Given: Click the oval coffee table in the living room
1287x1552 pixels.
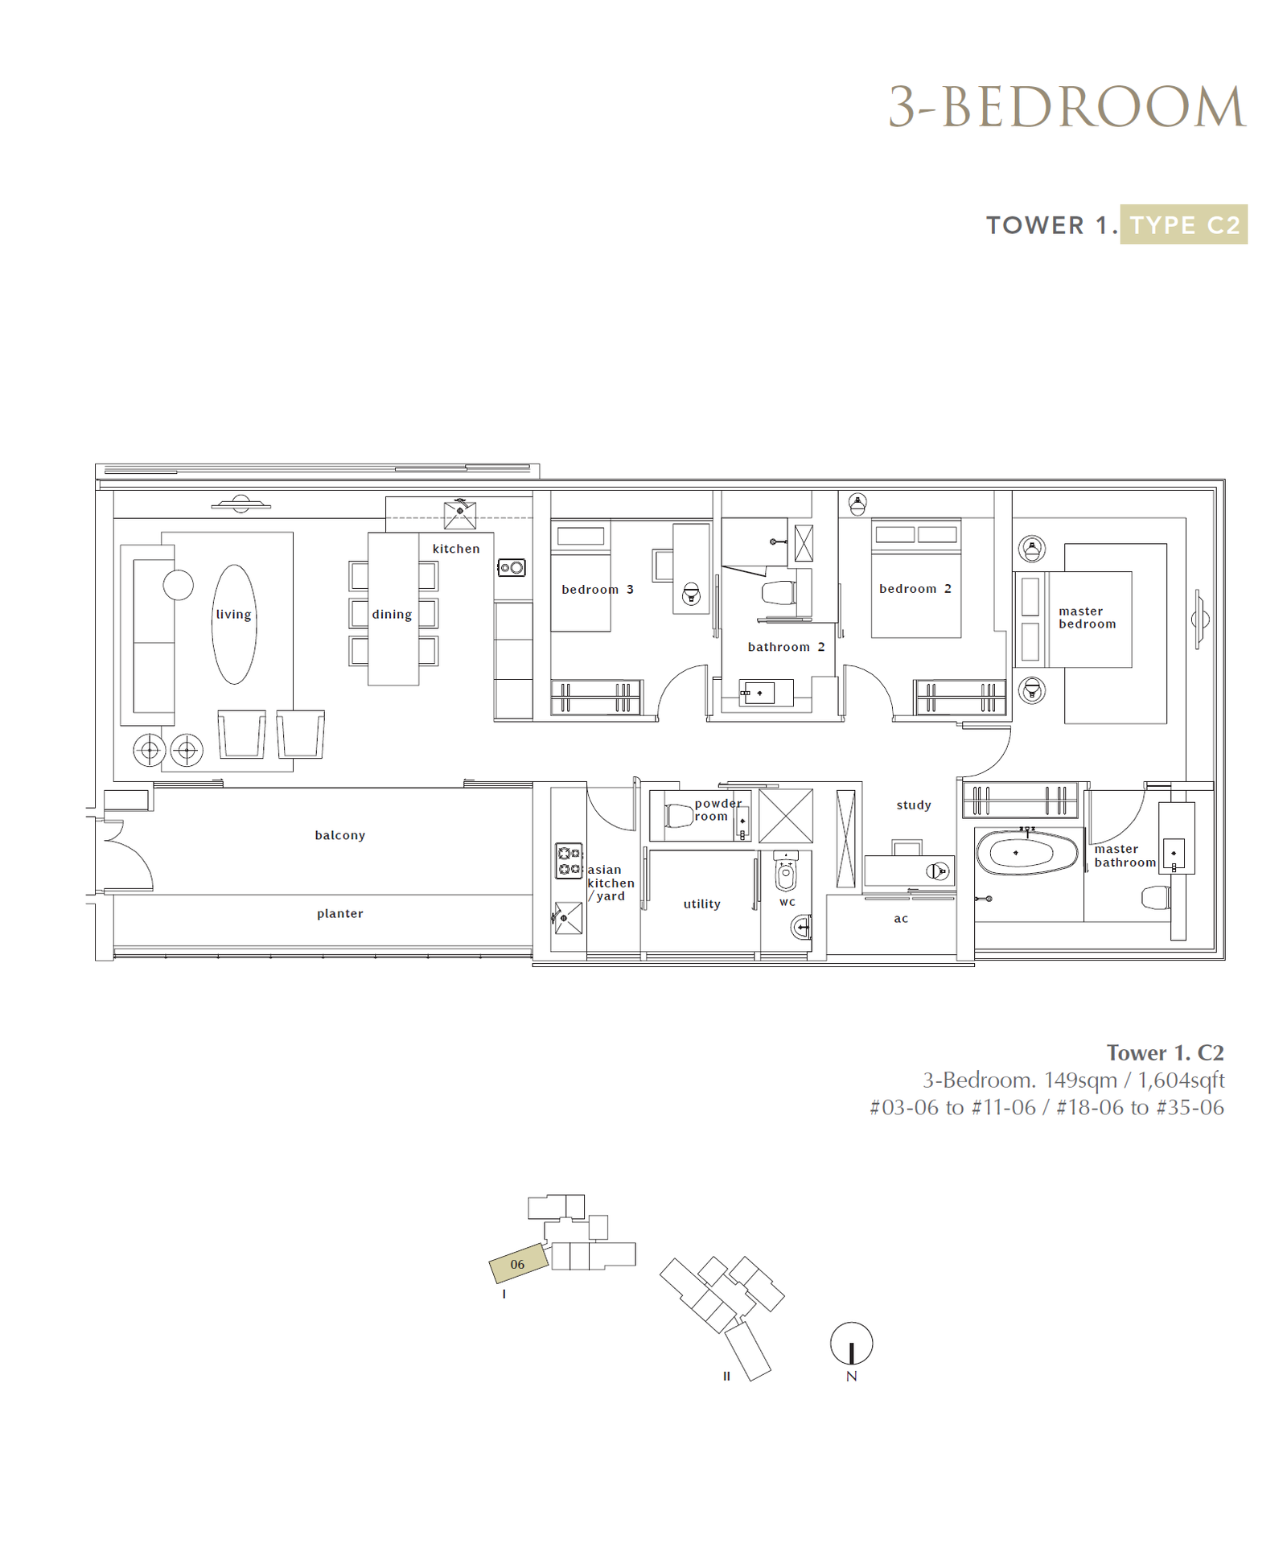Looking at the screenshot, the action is (x=234, y=624).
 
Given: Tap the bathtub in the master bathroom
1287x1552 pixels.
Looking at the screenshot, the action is (x=1027, y=853).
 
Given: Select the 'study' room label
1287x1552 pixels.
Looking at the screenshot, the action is (x=914, y=805).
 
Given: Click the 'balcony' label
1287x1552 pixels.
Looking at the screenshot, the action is (x=339, y=835).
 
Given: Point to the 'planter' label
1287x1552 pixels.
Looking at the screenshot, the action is (x=339, y=913).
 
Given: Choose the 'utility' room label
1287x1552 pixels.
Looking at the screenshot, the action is (x=701, y=904).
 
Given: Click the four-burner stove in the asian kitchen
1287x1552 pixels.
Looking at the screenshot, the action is (x=569, y=861).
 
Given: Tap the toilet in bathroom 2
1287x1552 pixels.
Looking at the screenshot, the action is (x=778, y=593).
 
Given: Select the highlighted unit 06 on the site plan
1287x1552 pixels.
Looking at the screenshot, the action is (x=519, y=1264).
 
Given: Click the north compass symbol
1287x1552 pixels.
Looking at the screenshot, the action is (x=851, y=1343).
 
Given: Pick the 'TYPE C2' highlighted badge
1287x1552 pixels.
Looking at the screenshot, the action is (x=1184, y=224).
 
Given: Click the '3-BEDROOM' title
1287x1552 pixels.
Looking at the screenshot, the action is (x=1067, y=107).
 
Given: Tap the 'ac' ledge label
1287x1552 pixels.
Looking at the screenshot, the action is (x=901, y=919).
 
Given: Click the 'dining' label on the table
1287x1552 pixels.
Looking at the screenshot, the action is (x=392, y=614).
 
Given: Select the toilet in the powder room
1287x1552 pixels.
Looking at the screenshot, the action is (x=680, y=816).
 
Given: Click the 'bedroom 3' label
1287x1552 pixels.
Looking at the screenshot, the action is (x=598, y=590).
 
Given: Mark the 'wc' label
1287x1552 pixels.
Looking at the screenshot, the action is (x=787, y=902).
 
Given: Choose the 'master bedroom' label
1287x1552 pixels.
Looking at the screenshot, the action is (x=1087, y=617).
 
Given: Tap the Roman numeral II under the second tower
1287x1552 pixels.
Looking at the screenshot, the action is (x=726, y=1376).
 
